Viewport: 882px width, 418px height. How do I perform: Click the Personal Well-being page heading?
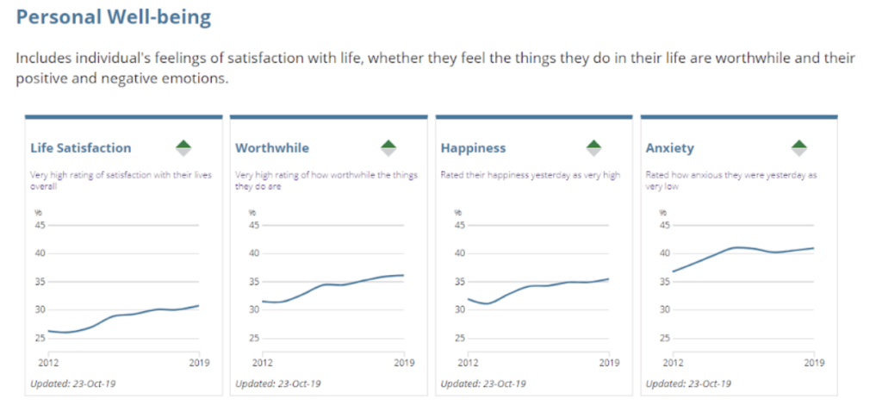[114, 17]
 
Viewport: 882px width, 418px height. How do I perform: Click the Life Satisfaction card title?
[81, 148]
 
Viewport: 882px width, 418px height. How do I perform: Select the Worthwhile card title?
[272, 148]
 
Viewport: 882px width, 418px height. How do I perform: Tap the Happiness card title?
[473, 148]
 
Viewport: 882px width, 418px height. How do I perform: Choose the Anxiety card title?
[669, 148]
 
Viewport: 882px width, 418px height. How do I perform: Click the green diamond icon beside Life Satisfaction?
[183, 147]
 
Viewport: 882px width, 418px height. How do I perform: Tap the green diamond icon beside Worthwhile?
[388, 147]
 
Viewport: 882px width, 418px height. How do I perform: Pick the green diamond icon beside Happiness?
[593, 147]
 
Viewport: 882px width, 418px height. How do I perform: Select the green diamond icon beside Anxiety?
[798, 147]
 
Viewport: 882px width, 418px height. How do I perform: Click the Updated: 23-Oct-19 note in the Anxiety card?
[688, 384]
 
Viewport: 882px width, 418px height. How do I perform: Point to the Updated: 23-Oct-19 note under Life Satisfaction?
[72, 384]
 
